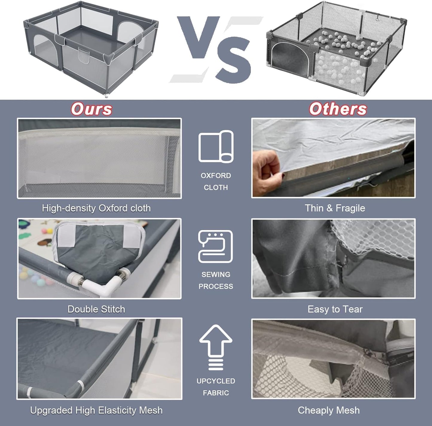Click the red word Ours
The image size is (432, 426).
91,109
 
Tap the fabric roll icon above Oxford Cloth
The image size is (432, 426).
216,146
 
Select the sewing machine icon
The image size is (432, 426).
216,246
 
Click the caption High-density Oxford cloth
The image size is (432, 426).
96,209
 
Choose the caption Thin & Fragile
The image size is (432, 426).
335,208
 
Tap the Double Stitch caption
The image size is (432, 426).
96,309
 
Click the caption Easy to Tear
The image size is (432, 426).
335,309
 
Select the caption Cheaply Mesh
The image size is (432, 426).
329,410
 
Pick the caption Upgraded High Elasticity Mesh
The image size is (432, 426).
96,410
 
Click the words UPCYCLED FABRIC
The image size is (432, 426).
216,387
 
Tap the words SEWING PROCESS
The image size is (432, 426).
216,280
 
